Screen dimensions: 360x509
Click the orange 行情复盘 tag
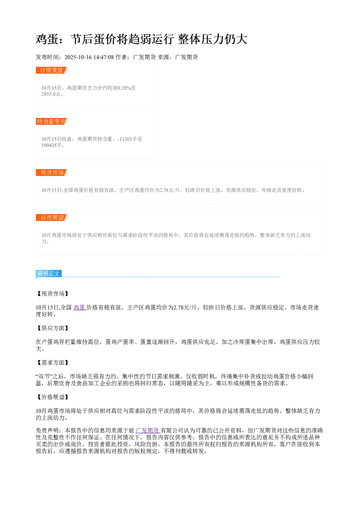(x=52, y=70)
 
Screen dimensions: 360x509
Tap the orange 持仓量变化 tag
(x=52, y=121)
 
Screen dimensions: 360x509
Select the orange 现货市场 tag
(x=52, y=172)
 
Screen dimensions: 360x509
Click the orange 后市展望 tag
(x=52, y=217)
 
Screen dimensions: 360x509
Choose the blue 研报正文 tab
(x=49, y=273)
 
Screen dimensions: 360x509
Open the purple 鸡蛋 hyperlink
(x=80, y=307)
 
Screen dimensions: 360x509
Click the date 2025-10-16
(x=78, y=57)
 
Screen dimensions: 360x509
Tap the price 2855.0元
(x=51, y=94)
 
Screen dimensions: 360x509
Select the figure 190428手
(x=52, y=145)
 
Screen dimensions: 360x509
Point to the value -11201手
(x=127, y=139)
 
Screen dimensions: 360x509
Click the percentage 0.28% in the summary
(x=124, y=88)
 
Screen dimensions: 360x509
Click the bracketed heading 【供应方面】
(x=53, y=328)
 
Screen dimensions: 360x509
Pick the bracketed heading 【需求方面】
(x=53, y=363)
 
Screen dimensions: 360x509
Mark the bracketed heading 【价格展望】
(x=53, y=397)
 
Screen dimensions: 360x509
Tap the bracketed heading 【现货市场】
(x=53, y=294)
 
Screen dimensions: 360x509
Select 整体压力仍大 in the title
(x=213, y=39)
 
